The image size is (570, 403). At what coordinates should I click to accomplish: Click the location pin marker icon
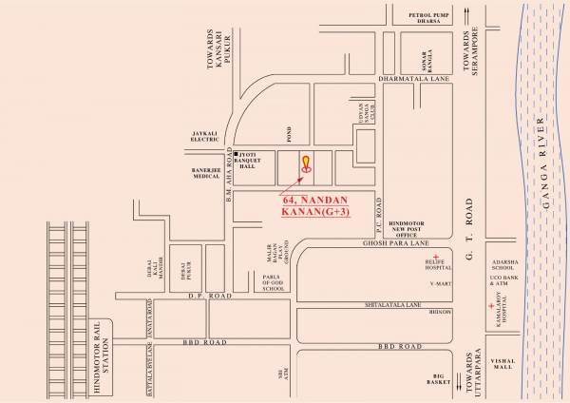(305, 163)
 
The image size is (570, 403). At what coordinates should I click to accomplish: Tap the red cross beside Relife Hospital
(435, 259)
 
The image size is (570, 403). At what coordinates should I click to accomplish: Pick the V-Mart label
(438, 282)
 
